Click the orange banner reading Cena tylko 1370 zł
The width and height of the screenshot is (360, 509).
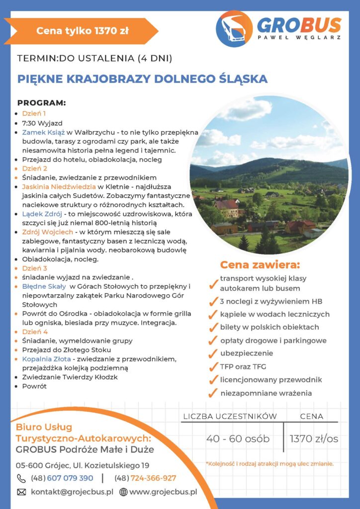pyautogui.click(x=83, y=31)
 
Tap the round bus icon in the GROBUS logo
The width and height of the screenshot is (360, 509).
pyautogui.click(x=234, y=29)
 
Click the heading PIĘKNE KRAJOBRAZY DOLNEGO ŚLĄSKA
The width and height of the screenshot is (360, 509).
pyautogui.click(x=142, y=79)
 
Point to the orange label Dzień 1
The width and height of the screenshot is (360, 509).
pyautogui.click(x=34, y=113)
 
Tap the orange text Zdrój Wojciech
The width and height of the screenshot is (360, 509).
pyautogui.click(x=48, y=232)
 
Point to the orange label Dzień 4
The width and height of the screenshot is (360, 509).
pyautogui.click(x=35, y=332)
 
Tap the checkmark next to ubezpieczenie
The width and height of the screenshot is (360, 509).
pyautogui.click(x=213, y=354)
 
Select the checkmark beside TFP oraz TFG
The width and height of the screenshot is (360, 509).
pyautogui.click(x=213, y=367)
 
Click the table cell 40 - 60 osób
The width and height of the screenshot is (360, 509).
pyautogui.click(x=238, y=438)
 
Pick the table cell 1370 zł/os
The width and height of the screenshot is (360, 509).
pyautogui.click(x=314, y=438)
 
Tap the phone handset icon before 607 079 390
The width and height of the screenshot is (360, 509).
pyautogui.click(x=22, y=478)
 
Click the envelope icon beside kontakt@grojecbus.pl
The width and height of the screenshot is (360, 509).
pyautogui.click(x=22, y=492)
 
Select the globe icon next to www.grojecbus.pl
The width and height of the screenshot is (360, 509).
pyautogui.click(x=123, y=492)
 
